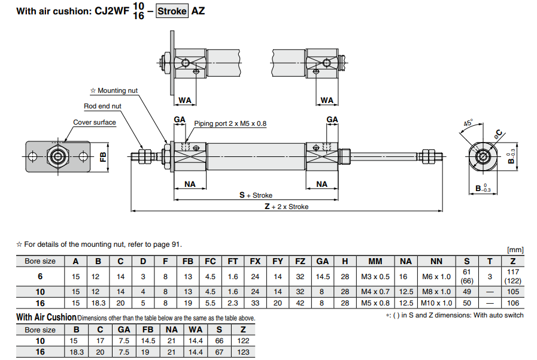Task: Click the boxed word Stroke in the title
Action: pos(172,11)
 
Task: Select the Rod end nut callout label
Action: pos(102,106)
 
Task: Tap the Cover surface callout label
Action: pos(95,122)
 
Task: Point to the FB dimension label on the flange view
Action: pos(102,158)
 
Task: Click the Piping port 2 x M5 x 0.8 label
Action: pos(230,123)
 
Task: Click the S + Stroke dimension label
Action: pos(256,195)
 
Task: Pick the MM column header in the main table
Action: pos(375,261)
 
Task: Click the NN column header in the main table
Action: pos(436,261)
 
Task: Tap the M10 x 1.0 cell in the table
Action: pos(436,303)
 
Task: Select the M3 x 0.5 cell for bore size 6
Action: pos(375,276)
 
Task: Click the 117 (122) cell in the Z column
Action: pos(512,276)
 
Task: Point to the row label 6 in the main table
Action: pos(40,276)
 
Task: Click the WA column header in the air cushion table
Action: pos(196,329)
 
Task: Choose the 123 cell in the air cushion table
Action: pos(244,352)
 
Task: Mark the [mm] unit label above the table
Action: pos(515,249)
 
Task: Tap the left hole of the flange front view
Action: pos(34,158)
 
